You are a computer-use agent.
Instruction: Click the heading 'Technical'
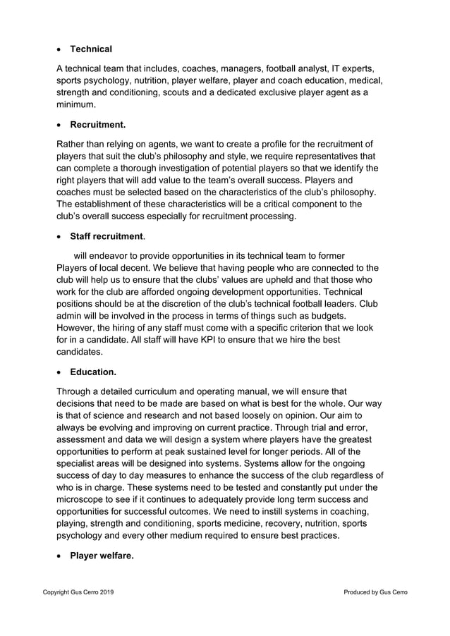[x=91, y=49]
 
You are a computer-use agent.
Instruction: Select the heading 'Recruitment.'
[x=98, y=125]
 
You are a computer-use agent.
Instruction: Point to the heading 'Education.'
[x=93, y=370]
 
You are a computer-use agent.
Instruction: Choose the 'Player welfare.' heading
[x=102, y=556]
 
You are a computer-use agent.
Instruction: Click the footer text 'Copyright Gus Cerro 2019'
[x=78, y=592]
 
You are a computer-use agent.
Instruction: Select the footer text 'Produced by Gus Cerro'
[x=375, y=592]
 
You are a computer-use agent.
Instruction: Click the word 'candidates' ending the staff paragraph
[x=79, y=352]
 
